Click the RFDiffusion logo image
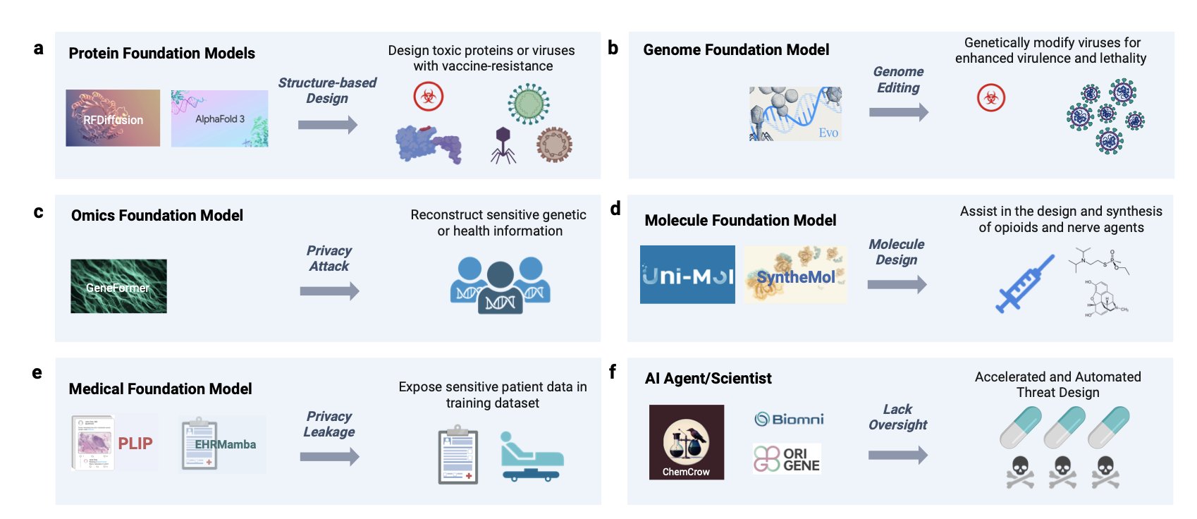tap(113, 118)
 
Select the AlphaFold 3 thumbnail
tap(220, 118)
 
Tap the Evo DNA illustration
tap(795, 114)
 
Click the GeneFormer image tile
tap(118, 286)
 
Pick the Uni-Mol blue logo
tap(688, 275)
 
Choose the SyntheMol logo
tap(795, 275)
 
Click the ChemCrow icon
tap(687, 442)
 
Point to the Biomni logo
tap(790, 419)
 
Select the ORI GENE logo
tap(787, 458)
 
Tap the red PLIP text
tap(135, 443)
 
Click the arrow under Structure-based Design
tap(328, 125)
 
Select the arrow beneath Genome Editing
tap(899, 112)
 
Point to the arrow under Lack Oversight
tap(898, 456)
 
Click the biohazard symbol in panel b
tap(990, 98)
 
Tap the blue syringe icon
tap(1025, 283)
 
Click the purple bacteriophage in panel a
tap(503, 145)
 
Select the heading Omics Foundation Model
tap(157, 215)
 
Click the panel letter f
tap(613, 371)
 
